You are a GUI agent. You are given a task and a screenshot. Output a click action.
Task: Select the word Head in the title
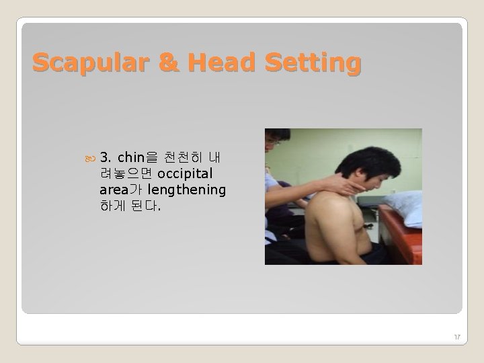coord(210,63)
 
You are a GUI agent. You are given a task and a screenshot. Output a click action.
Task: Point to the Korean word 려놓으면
coord(126,173)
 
